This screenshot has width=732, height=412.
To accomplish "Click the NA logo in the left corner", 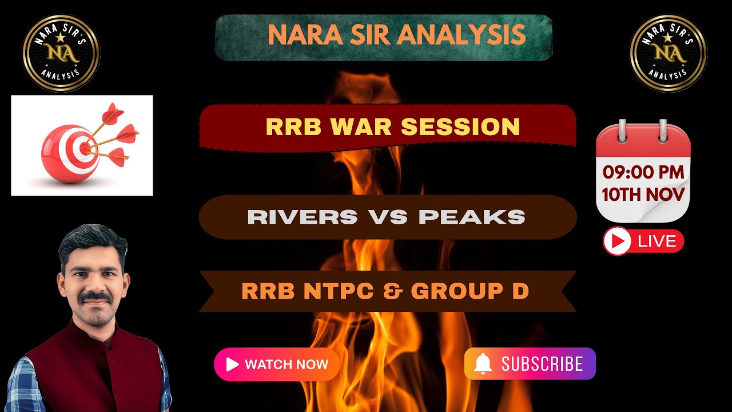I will (x=61, y=53).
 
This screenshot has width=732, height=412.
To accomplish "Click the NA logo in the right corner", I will (x=669, y=53).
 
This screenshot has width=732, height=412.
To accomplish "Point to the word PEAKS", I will (x=472, y=217).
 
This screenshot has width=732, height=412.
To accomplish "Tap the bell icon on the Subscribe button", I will (x=483, y=363).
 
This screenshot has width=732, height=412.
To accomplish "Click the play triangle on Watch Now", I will (x=232, y=365).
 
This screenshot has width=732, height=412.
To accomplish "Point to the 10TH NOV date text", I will (x=643, y=195).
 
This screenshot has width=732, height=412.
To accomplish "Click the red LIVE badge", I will (x=643, y=241).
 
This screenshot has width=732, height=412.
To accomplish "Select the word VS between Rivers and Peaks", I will (x=388, y=217).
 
